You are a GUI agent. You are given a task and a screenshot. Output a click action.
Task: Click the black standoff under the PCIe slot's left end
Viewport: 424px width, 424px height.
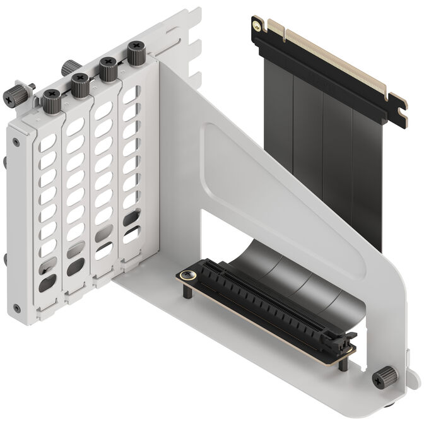tap(188, 291)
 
